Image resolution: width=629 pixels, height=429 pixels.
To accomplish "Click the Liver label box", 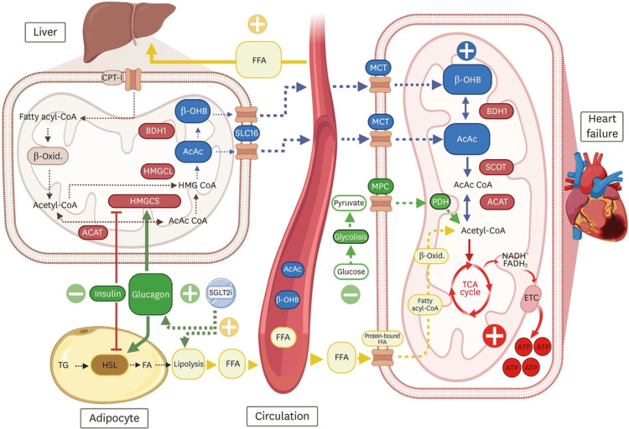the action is click(x=45, y=32).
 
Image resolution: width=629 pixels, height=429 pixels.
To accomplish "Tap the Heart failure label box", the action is click(x=601, y=127).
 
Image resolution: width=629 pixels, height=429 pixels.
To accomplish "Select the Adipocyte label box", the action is click(x=114, y=418).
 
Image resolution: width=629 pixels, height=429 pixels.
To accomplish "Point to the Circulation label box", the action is click(x=282, y=416).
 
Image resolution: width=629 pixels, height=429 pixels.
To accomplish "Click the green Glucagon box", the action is click(x=150, y=294).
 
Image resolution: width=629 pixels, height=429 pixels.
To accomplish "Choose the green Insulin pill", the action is click(x=107, y=294).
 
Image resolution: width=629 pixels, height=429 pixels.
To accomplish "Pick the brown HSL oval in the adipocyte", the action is click(x=110, y=364).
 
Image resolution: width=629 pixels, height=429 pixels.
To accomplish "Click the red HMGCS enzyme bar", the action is click(x=144, y=201).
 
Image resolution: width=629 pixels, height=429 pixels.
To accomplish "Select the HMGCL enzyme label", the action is click(x=158, y=171).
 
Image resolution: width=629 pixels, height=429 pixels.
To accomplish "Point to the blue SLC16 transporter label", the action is click(x=247, y=133).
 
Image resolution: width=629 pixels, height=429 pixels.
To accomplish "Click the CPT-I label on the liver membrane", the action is click(x=112, y=78).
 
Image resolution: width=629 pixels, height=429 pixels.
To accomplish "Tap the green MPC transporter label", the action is click(x=380, y=187).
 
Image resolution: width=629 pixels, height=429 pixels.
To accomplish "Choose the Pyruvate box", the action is click(x=349, y=203).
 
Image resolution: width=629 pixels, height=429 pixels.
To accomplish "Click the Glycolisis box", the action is click(x=351, y=237).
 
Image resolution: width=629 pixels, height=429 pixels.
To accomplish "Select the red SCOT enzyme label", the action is click(x=496, y=168).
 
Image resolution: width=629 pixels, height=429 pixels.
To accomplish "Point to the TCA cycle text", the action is click(x=470, y=288).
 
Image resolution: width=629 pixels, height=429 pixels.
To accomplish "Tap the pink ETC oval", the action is click(x=531, y=298).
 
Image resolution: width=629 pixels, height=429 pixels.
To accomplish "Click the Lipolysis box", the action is click(x=189, y=364).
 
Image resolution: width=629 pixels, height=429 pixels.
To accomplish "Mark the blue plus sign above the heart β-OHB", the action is click(x=466, y=51).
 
